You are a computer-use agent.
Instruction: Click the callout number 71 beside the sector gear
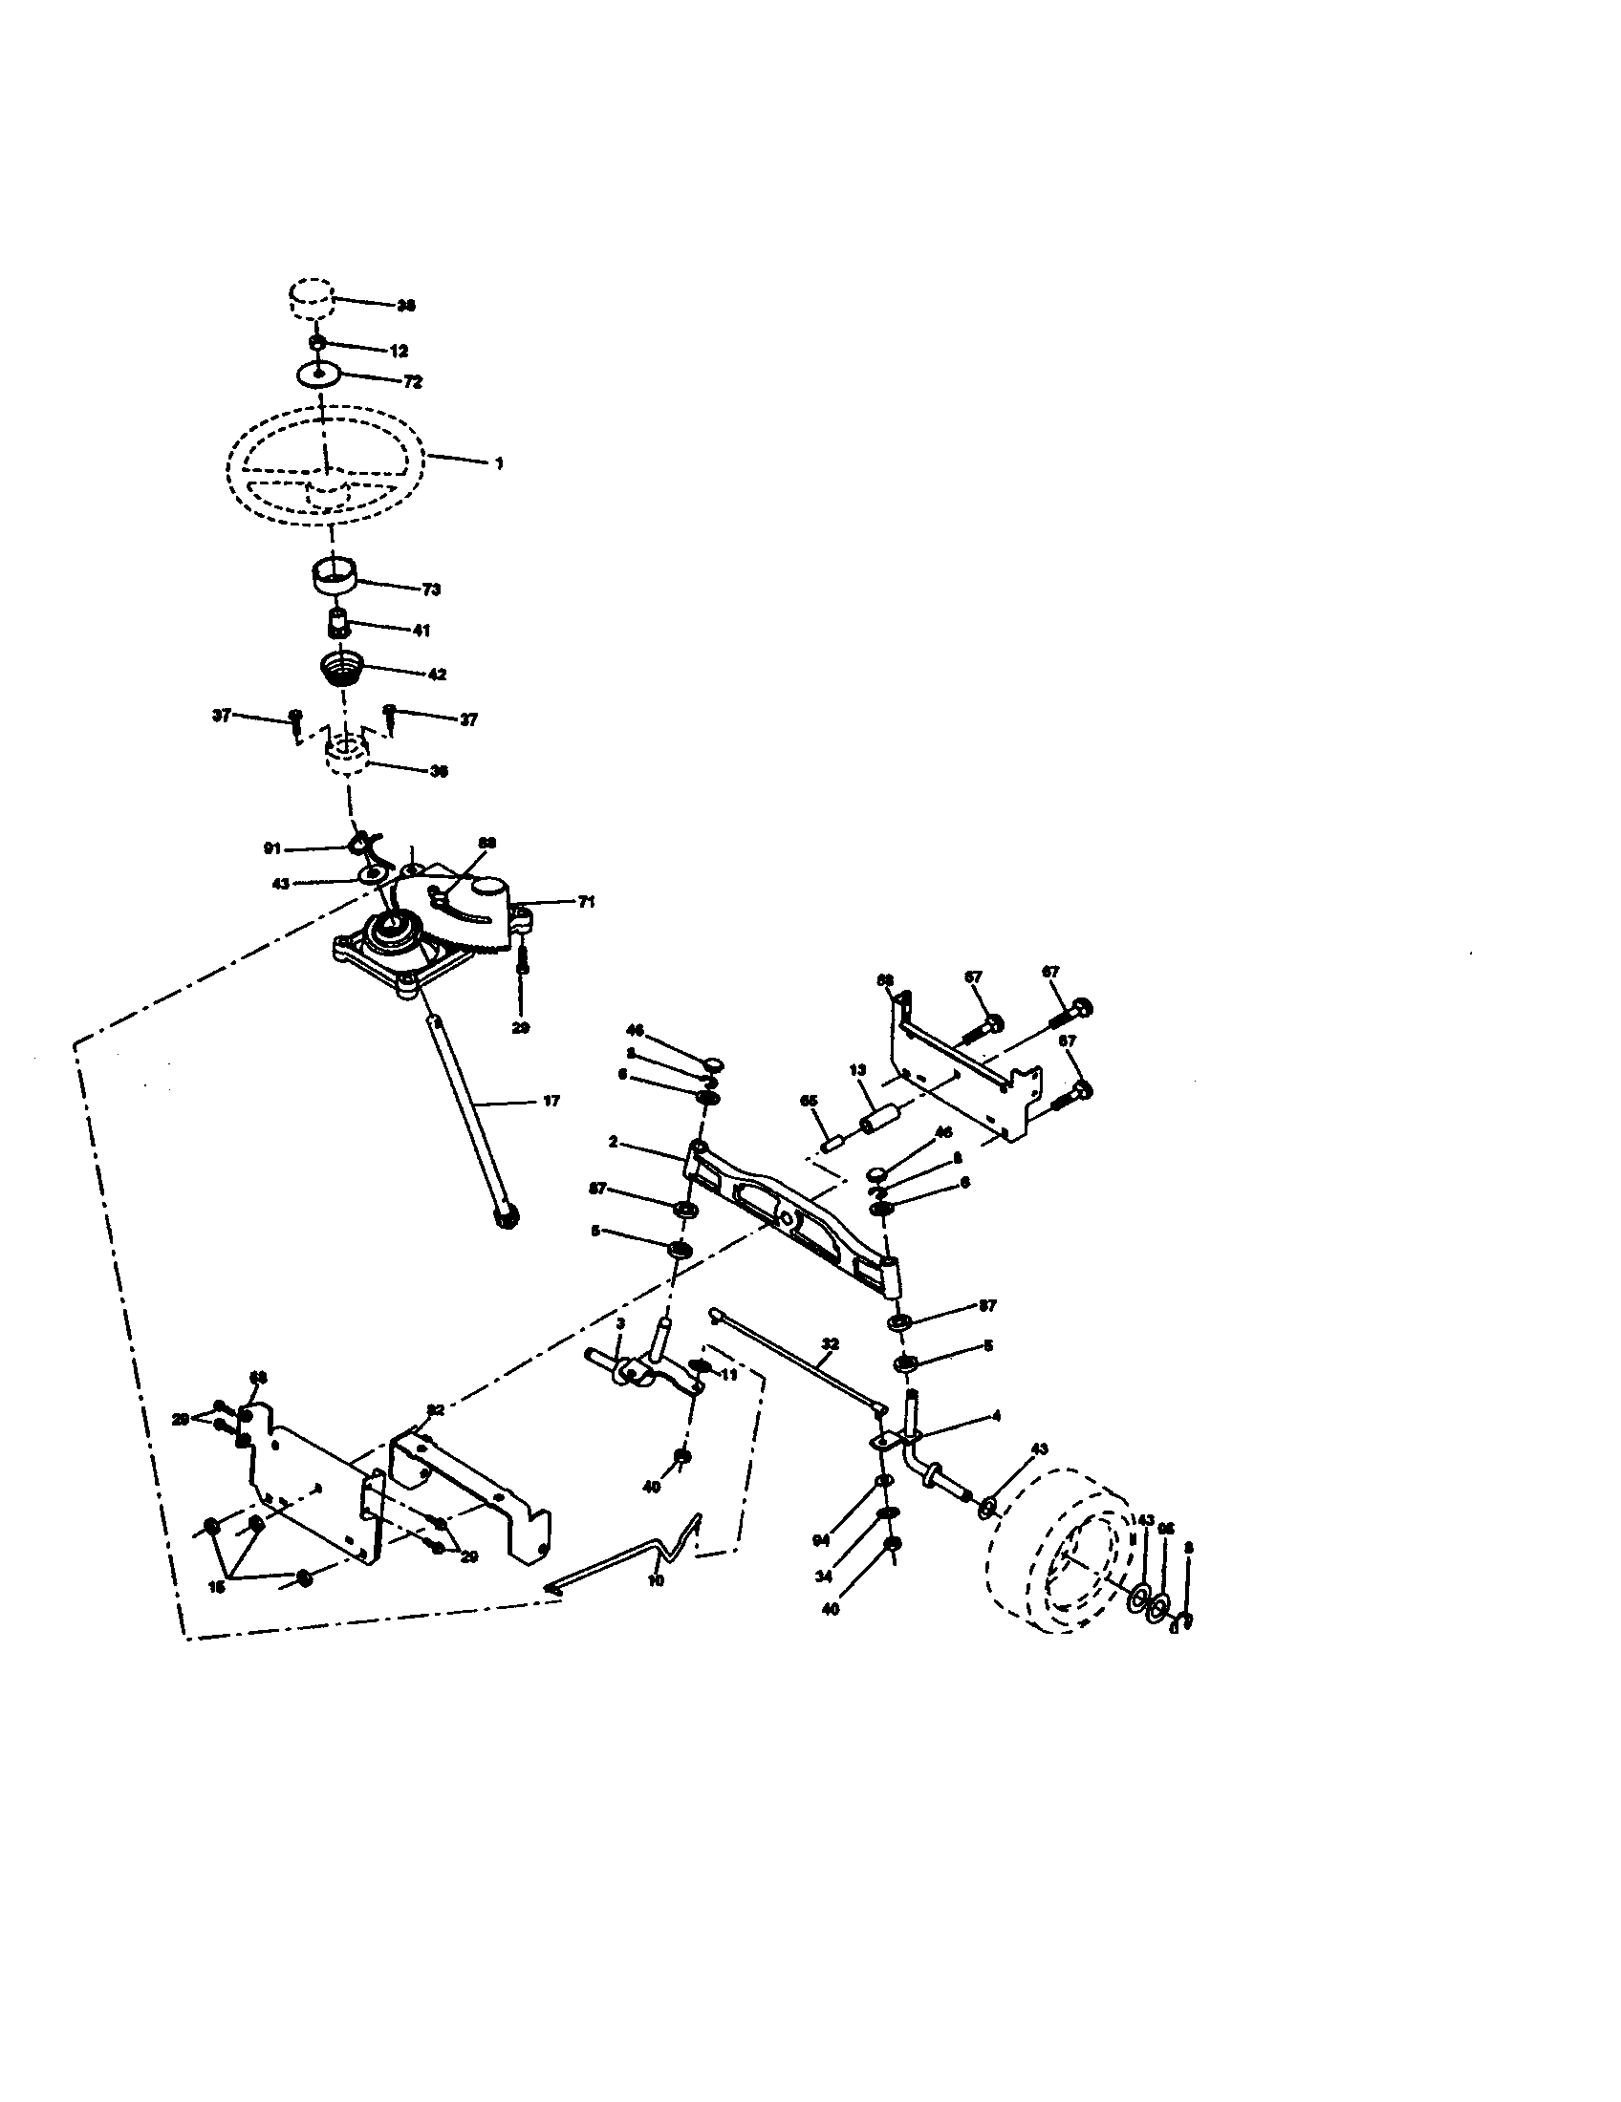[586, 902]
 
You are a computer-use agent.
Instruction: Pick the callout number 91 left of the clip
[272, 848]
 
